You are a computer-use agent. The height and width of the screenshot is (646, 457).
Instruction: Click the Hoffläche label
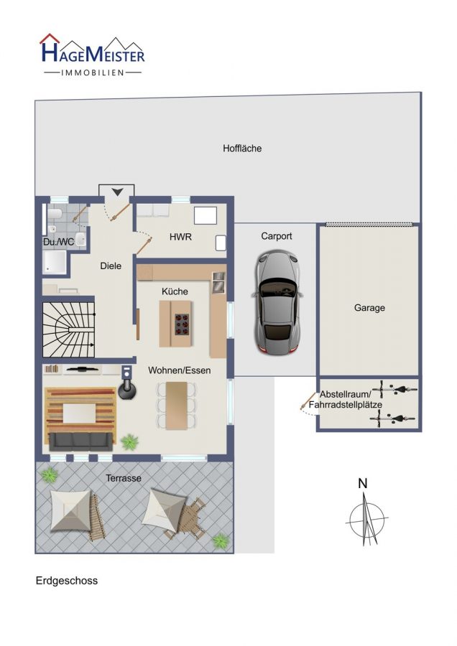click(242, 149)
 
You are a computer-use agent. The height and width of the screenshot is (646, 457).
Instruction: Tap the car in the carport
click(277, 302)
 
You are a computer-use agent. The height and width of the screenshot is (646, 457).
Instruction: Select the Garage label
click(369, 308)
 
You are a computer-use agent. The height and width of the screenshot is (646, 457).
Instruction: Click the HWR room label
click(180, 237)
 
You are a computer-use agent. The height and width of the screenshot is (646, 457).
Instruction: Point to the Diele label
click(111, 266)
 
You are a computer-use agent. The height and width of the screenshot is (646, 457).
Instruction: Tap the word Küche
click(175, 291)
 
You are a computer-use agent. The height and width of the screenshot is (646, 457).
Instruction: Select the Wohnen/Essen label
click(180, 370)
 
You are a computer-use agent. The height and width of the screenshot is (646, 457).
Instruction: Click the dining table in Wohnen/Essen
click(177, 406)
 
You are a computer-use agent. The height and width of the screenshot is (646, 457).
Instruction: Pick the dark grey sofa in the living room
click(81, 441)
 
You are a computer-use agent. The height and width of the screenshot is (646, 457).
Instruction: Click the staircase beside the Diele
click(69, 329)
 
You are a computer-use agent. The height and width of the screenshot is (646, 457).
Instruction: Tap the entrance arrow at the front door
click(117, 192)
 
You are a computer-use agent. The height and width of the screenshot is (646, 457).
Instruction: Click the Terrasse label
click(124, 478)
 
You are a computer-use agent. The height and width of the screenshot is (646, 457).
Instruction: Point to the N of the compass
click(363, 483)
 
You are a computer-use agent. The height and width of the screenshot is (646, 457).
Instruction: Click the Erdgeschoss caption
click(67, 581)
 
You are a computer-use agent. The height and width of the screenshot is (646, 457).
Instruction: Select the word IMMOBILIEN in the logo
click(93, 73)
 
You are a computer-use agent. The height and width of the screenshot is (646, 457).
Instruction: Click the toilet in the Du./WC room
click(55, 213)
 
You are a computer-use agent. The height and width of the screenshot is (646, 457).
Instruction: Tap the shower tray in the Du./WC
click(55, 263)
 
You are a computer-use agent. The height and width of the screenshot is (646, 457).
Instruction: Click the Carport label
click(277, 236)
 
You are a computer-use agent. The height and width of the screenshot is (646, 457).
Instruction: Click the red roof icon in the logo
click(50, 38)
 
